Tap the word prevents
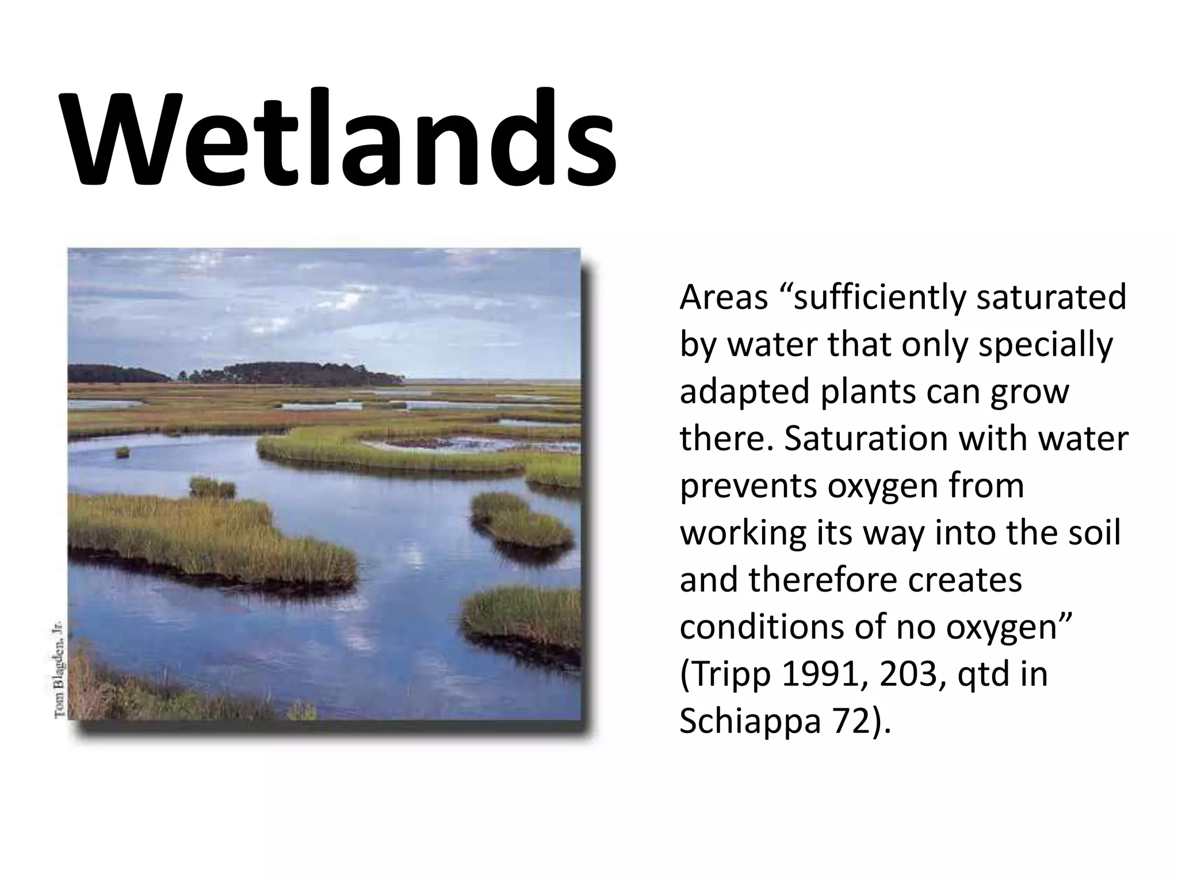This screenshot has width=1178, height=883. point(748,486)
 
